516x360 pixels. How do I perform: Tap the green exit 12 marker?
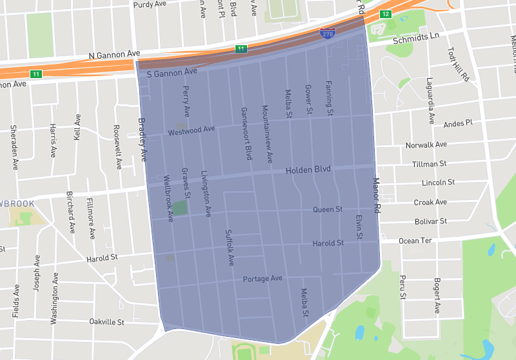[385, 14]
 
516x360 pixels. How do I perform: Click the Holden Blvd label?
[308, 170]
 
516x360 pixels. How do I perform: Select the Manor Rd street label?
[377, 195]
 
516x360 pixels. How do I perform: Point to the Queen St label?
[327, 210]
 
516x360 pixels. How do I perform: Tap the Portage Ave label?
[263, 279]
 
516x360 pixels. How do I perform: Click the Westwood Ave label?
[191, 131]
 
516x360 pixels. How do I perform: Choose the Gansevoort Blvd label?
[246, 134]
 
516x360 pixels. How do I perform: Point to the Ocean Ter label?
[415, 241]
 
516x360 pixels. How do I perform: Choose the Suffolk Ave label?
[229, 248]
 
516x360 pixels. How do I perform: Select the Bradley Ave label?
[143, 139]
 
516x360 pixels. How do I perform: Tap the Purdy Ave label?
[150, 5]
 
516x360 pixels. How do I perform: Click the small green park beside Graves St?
[181, 208]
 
